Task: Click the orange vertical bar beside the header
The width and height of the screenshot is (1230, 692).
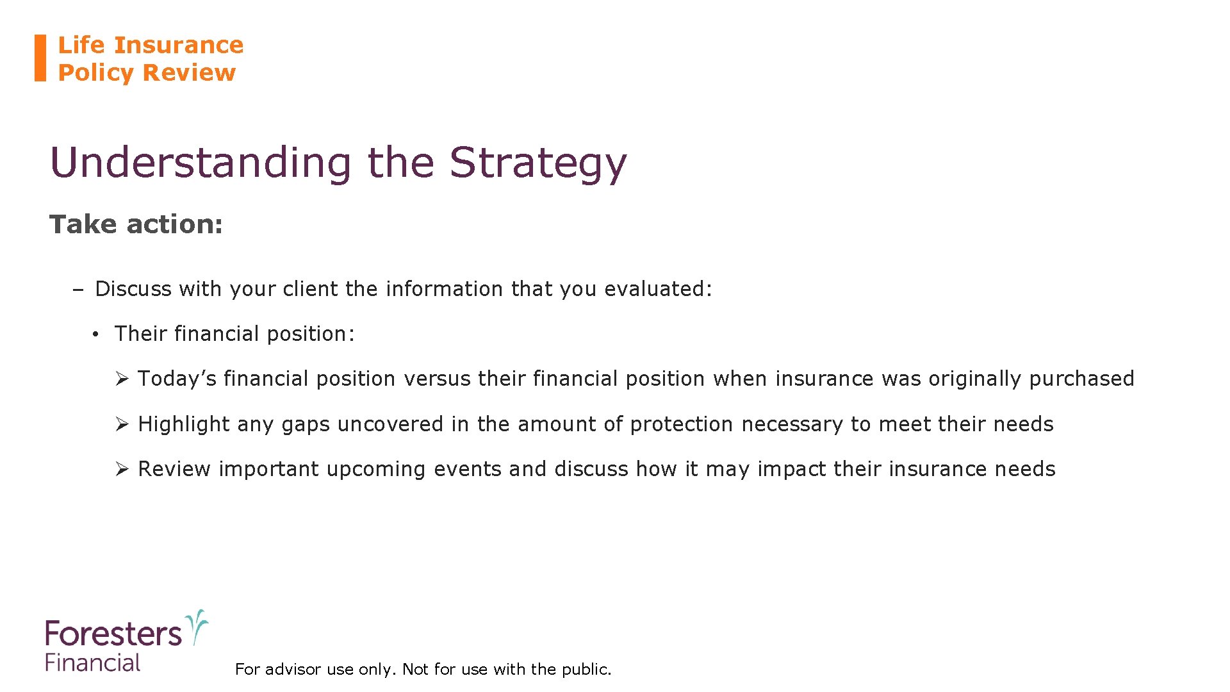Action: [x=40, y=58]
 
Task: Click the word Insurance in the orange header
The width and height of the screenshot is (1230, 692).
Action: [x=179, y=45]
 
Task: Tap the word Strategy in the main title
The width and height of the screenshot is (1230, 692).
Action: [x=537, y=163]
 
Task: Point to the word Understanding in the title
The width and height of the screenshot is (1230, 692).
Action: [x=201, y=163]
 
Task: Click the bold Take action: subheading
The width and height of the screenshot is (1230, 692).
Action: [x=136, y=224]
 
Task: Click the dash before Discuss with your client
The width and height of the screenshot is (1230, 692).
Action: [x=78, y=290]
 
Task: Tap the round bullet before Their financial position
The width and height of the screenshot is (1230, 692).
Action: [x=94, y=334]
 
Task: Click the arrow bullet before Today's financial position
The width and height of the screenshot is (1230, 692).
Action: [x=122, y=379]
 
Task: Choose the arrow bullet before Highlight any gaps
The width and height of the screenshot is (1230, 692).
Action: [x=122, y=424]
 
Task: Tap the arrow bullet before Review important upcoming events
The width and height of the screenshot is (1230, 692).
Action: [x=122, y=470]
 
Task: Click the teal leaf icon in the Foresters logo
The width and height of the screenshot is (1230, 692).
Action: [x=197, y=626]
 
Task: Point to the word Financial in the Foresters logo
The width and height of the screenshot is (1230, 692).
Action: [x=93, y=663]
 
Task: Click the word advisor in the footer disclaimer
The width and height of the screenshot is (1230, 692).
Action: [x=293, y=670]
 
